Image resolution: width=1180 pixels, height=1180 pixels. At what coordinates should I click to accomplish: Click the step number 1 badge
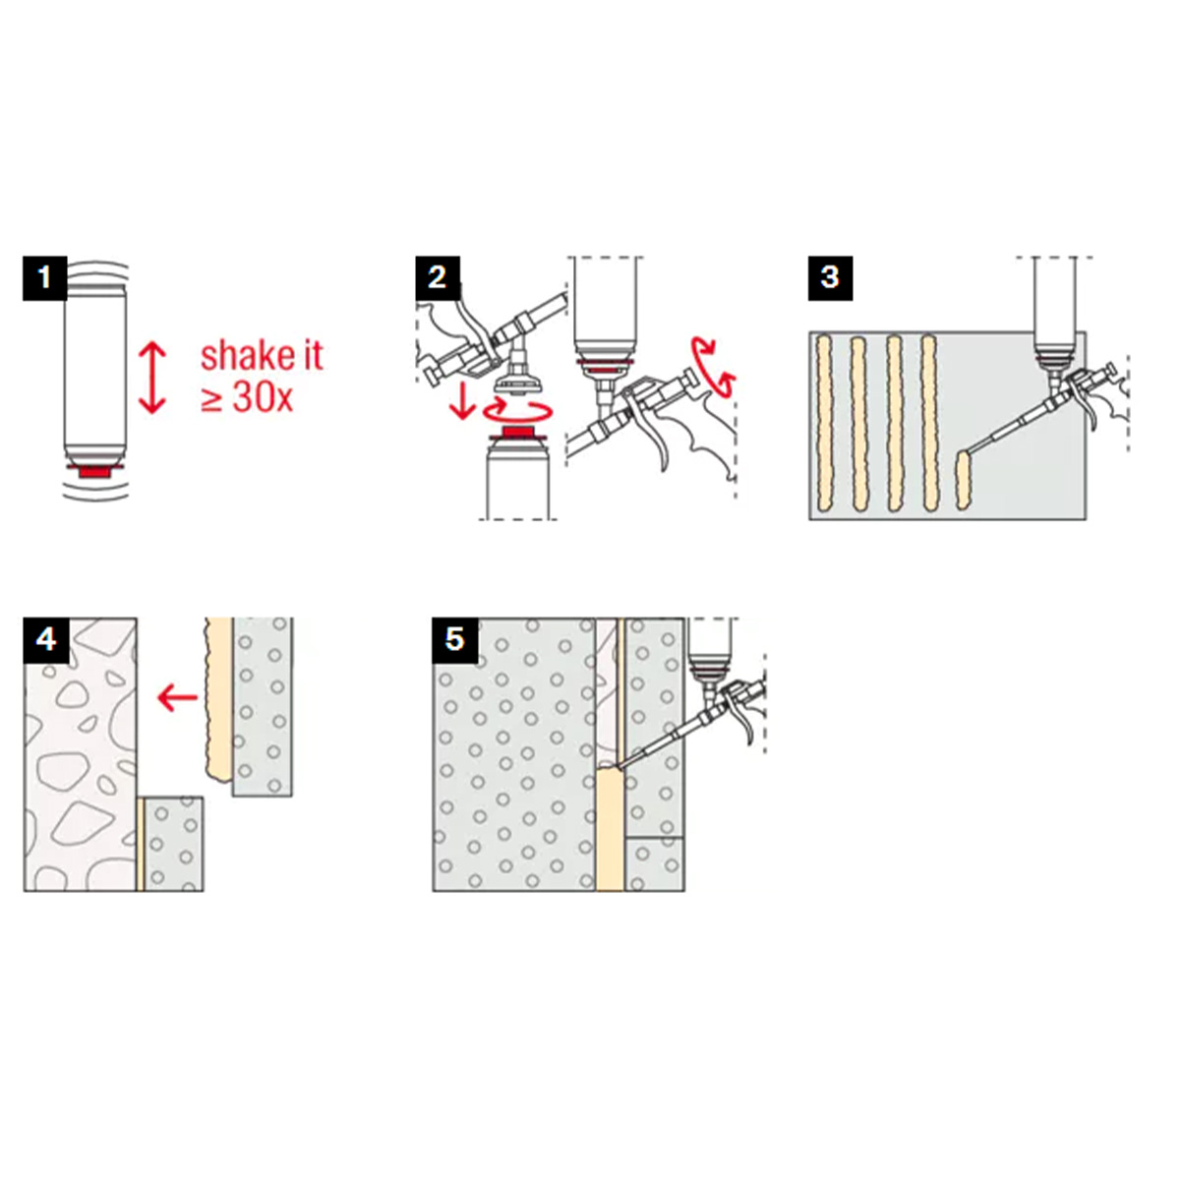pyautogui.click(x=44, y=278)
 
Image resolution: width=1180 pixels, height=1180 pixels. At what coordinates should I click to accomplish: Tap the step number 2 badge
pyautogui.click(x=438, y=278)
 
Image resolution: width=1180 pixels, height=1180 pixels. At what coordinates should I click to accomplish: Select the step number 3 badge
pyautogui.click(x=830, y=278)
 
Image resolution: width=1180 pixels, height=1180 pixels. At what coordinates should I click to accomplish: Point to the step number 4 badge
pyautogui.click(x=46, y=640)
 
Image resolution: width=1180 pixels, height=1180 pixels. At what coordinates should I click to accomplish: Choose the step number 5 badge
pyautogui.click(x=455, y=640)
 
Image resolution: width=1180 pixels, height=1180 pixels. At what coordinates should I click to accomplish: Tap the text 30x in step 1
pyautogui.click(x=264, y=398)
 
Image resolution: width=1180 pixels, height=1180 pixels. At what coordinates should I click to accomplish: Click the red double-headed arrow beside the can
pyautogui.click(x=151, y=378)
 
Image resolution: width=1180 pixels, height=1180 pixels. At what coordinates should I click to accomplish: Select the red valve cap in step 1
pyautogui.click(x=95, y=472)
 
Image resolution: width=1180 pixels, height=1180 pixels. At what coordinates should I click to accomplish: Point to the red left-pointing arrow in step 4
pyautogui.click(x=178, y=697)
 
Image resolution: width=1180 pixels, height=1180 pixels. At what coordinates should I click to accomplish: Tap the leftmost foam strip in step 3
pyautogui.click(x=824, y=423)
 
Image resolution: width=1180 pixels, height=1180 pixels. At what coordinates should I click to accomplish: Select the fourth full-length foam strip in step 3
pyautogui.click(x=929, y=423)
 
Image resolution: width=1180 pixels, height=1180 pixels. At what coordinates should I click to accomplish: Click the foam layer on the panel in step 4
pyautogui.click(x=219, y=699)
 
